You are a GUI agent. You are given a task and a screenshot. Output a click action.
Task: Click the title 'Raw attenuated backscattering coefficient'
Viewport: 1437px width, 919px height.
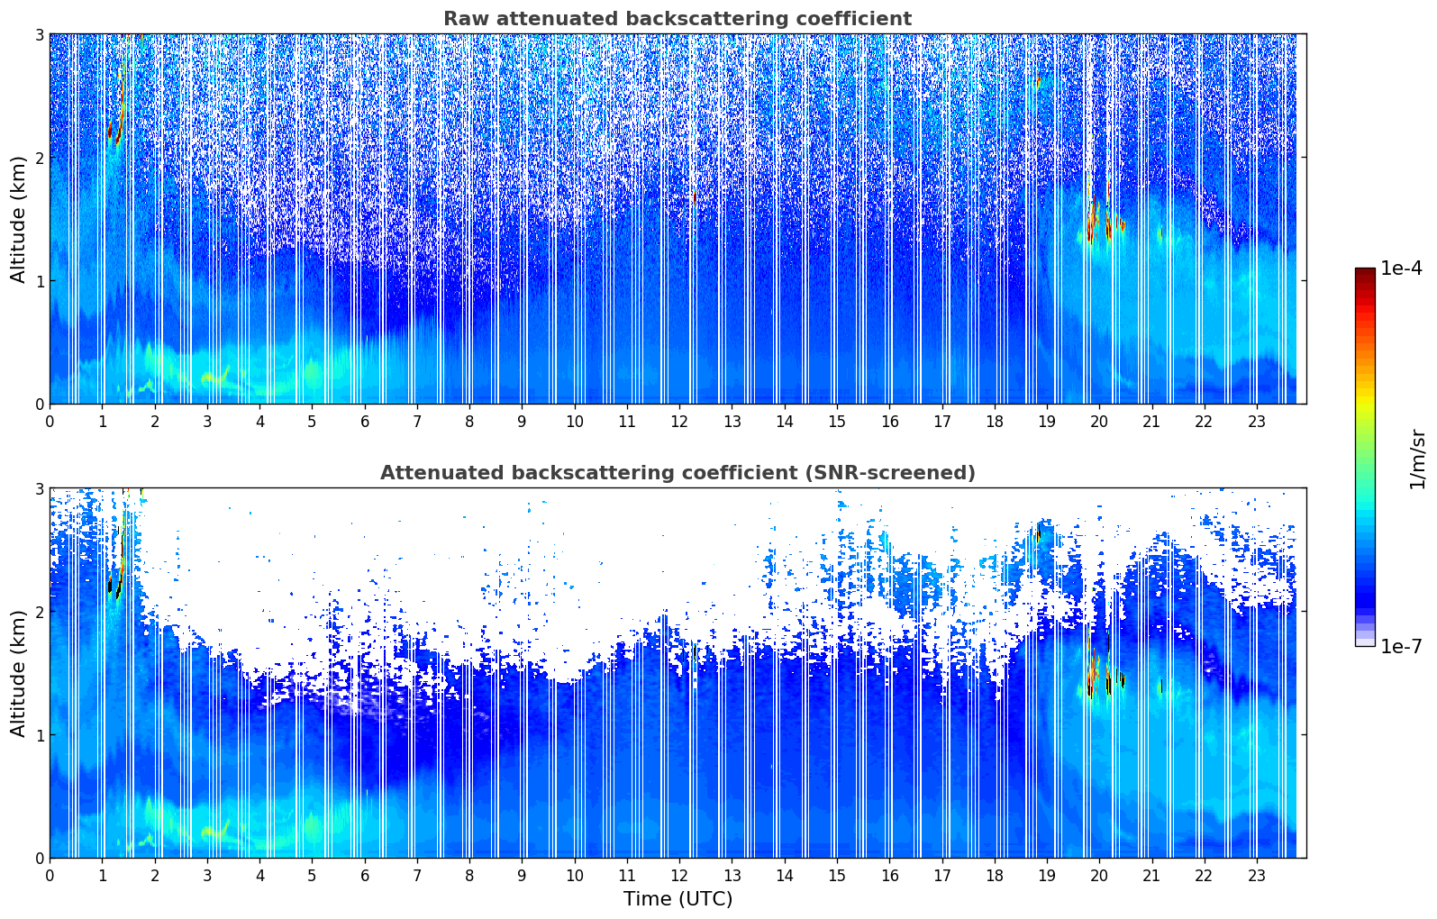677,19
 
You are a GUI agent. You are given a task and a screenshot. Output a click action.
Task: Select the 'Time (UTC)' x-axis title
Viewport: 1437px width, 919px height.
678,898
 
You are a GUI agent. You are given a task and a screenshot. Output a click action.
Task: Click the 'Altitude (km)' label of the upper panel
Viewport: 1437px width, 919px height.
18,219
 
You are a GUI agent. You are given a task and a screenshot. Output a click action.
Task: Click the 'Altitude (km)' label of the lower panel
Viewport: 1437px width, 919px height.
18,673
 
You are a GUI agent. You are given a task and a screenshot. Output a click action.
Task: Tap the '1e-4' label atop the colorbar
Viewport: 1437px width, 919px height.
1401,268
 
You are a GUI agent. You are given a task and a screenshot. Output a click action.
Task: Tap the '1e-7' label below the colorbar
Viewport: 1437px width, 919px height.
1401,646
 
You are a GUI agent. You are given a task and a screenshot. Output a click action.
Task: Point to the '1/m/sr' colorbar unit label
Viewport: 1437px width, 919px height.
1417,459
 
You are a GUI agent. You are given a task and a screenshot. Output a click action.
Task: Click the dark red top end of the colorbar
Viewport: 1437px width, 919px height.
1365,273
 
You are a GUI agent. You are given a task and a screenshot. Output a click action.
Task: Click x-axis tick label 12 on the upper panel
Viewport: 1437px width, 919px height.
679,421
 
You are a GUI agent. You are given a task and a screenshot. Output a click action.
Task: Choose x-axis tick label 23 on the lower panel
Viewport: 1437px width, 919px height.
1257,875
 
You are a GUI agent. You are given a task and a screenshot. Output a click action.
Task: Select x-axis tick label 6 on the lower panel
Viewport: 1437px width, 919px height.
365,875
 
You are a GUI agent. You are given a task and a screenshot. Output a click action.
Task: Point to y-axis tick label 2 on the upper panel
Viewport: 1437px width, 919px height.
38,158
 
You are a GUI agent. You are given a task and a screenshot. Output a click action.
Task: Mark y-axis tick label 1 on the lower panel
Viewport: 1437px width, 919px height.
38,735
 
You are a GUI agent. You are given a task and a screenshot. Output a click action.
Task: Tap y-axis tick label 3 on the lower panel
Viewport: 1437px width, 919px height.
38,488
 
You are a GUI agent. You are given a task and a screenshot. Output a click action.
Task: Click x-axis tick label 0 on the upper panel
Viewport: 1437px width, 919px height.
50,421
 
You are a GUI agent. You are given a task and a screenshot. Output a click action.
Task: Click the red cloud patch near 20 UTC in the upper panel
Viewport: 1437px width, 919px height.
1093,219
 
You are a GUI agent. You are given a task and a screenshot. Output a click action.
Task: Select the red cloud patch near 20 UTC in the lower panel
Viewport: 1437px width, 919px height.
1093,673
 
